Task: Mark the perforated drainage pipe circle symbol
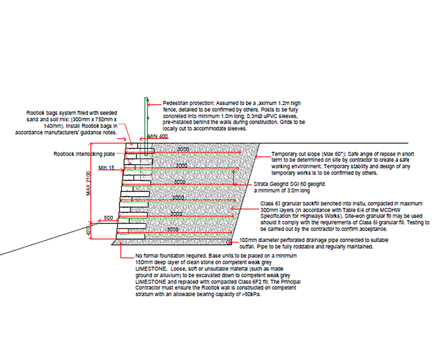230,243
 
